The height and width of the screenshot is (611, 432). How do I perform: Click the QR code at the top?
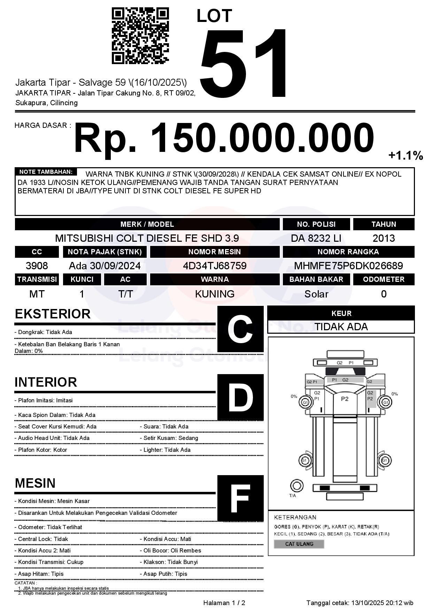pos(140,36)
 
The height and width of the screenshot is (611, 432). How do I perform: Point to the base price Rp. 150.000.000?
pos(224,138)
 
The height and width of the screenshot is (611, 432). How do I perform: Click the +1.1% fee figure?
pos(406,155)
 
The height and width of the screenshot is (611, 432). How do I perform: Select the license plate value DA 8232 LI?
pos(316,238)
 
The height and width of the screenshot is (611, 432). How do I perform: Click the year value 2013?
pos(384,238)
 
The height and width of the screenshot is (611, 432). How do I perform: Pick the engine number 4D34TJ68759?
pos(215,266)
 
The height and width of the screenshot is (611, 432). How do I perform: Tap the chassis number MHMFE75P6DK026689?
pos(348,266)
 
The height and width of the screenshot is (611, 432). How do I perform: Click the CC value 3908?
pos(37,266)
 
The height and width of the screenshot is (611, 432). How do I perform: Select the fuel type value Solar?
pos(316,294)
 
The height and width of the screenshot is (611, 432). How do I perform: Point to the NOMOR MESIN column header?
pos(215,252)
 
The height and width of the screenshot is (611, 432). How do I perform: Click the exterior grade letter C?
pos(240,329)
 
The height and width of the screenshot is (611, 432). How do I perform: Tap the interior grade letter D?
pos(240,397)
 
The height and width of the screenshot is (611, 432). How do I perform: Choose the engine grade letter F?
pos(240,498)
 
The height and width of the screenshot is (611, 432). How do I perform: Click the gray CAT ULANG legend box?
pos(299,544)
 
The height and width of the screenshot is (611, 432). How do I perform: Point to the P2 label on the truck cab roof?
pos(345,399)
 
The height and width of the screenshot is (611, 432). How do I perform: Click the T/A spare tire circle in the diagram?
pos(296,485)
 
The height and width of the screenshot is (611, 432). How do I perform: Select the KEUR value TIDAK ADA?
pos(341,327)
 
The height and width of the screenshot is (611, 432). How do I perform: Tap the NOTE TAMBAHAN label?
pos(46,172)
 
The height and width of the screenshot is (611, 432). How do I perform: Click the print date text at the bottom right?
pos(360,603)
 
